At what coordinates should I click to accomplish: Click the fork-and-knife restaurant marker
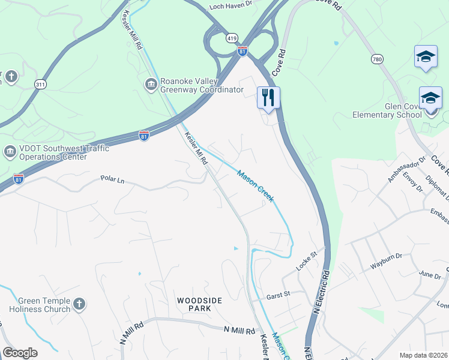coord(268,97)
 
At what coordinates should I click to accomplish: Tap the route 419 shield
coord(232,37)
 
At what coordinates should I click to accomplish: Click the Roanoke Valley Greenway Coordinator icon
coord(150,83)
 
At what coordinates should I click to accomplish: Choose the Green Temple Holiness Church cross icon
coord(79,305)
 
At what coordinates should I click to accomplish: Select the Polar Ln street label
coord(112,179)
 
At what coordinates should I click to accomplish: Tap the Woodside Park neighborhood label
coord(194,304)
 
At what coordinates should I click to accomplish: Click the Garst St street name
coord(279,294)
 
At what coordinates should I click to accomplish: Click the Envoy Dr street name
coord(414,180)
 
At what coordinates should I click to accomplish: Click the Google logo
coord(20,352)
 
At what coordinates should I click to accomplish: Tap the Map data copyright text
coord(423,355)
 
